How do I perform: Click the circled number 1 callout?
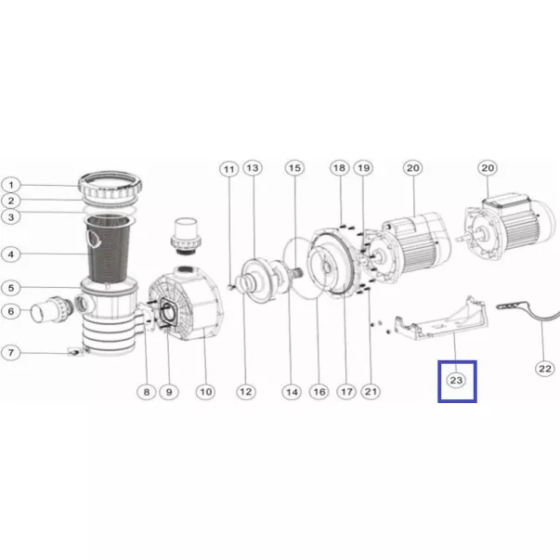11,185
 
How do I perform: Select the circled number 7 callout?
11,353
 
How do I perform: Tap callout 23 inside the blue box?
456,381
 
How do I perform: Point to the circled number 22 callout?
545,369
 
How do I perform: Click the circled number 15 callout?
294,168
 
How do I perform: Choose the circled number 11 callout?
229,169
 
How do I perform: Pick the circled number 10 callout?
206,392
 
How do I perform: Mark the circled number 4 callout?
11,254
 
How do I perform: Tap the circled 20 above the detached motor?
488,168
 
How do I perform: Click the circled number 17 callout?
346,392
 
